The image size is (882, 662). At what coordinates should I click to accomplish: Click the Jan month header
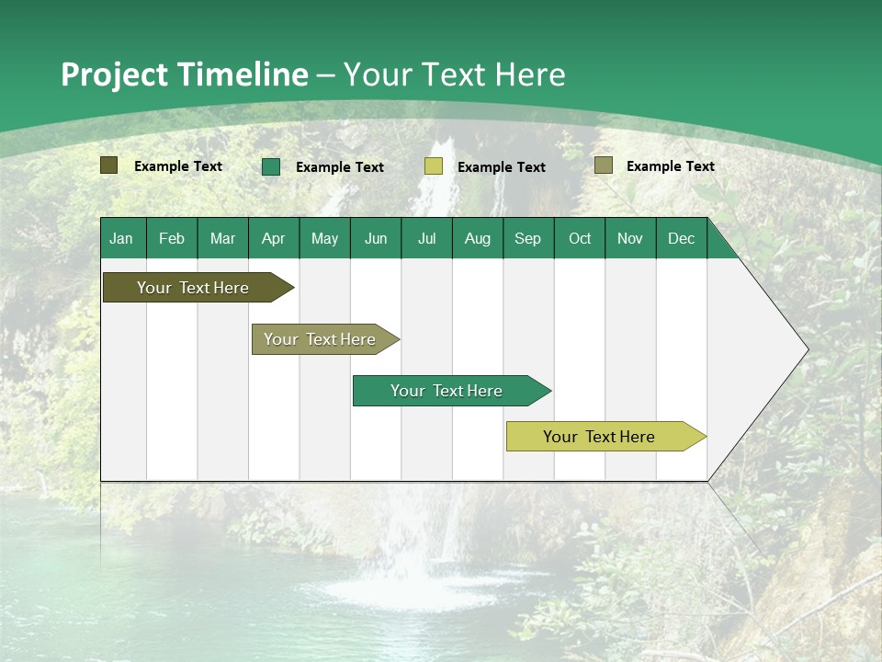pos(121,238)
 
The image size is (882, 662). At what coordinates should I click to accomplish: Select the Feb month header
pos(172,238)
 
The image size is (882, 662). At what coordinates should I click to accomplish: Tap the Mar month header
pos(222,238)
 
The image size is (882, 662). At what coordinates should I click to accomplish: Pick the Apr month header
pos(274,238)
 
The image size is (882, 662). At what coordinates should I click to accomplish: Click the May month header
pos(324,238)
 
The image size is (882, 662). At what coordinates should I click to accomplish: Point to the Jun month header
pos(376,238)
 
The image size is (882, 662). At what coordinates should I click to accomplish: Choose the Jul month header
pos(426,238)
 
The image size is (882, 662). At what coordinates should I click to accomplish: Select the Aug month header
pos(478,238)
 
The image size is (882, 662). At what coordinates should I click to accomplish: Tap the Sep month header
pos(528,238)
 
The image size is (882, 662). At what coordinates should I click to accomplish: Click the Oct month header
pos(580,238)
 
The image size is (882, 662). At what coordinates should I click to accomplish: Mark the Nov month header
pos(630,238)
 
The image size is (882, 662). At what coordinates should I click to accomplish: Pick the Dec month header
pos(681,238)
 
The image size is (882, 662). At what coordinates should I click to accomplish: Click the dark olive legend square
pos(109,165)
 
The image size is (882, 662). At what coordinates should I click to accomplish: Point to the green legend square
pos(271,166)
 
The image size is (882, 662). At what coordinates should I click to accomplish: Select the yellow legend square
pos(434,166)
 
